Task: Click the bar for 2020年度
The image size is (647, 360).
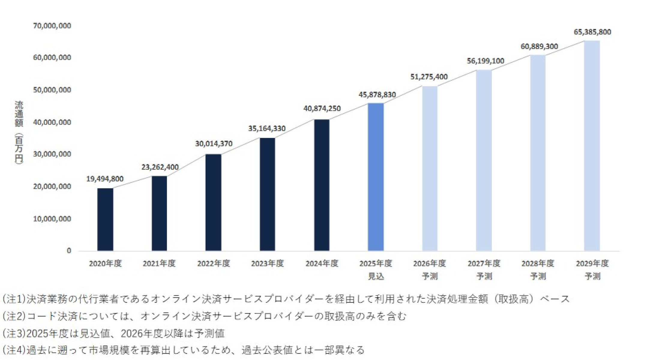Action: click(x=105, y=220)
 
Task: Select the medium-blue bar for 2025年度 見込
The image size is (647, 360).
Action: click(x=376, y=177)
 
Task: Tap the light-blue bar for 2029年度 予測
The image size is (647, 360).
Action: click(x=592, y=146)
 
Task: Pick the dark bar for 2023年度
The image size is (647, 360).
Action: click(x=267, y=194)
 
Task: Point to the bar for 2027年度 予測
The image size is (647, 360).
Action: click(x=484, y=160)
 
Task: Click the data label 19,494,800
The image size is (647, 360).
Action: click(x=105, y=179)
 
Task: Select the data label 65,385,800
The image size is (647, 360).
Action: click(x=592, y=32)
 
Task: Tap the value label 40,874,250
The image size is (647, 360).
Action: click(x=322, y=109)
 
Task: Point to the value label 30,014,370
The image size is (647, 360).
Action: click(x=214, y=144)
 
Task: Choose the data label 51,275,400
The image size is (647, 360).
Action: click(x=429, y=77)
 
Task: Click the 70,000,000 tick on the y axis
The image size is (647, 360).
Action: click(x=52, y=26)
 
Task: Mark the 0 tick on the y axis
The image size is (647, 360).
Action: click(x=69, y=251)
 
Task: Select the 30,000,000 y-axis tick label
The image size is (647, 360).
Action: click(x=52, y=154)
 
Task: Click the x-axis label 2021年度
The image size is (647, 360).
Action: click(x=159, y=264)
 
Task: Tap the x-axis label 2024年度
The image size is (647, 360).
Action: click(x=322, y=264)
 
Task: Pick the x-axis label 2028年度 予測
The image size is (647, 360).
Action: click(x=538, y=270)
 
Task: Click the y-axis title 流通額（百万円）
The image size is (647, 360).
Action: click(x=19, y=132)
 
